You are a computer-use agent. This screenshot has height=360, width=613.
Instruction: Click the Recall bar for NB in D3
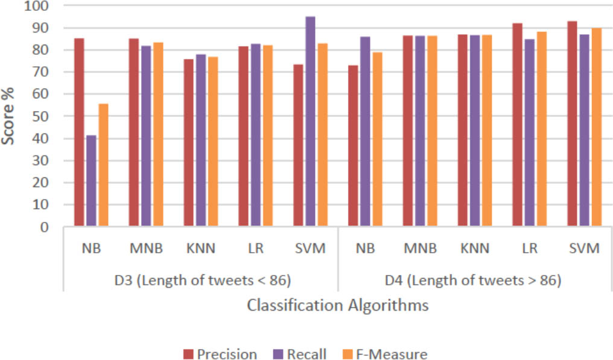[x=91, y=181]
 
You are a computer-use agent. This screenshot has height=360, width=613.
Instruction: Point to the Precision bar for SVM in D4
[x=573, y=124]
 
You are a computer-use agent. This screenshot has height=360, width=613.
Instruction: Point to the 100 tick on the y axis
[x=39, y=6]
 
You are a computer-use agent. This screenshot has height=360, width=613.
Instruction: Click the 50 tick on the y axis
[x=42, y=116]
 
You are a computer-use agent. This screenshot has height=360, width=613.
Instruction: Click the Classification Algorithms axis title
[x=338, y=305]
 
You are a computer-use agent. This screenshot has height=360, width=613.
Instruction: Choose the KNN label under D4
[x=474, y=248]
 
